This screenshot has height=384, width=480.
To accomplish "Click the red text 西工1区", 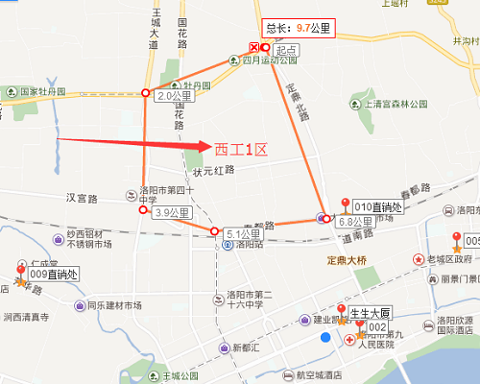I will coord(239,150).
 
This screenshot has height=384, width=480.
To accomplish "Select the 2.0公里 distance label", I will coord(176,96).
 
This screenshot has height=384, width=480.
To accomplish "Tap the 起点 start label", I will coord(285,49).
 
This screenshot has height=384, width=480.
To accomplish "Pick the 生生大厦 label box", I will coord(369,313).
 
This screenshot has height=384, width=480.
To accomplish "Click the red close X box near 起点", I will coord(254,47).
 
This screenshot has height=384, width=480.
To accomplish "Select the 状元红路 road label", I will coord(213,171).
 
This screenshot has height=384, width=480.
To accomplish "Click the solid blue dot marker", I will coord(327,337).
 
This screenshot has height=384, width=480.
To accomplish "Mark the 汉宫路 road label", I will coord(84,197).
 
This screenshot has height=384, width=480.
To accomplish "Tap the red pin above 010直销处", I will coord(347,203).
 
